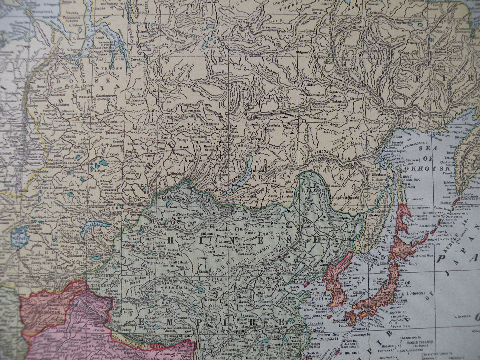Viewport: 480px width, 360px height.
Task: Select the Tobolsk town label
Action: [62, 136]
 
